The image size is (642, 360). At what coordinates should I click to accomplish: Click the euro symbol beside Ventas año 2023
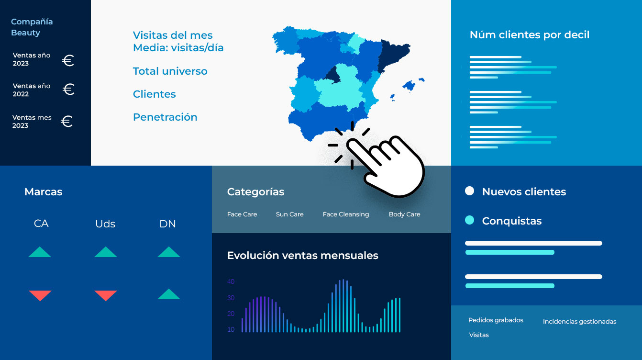pos(68,60)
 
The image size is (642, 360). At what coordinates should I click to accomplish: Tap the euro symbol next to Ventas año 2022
pos(68,89)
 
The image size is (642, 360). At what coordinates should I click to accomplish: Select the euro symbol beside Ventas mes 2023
pos(67,121)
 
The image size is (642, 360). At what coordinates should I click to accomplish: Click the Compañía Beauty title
pos(32,27)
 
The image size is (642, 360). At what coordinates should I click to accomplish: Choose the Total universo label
pos(170,71)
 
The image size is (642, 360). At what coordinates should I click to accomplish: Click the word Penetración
pos(165,117)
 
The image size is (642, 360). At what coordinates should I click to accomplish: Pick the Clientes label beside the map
pos(154,94)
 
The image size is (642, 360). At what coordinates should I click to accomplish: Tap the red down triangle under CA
pos(40,295)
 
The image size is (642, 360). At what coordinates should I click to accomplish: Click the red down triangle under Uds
pos(106,295)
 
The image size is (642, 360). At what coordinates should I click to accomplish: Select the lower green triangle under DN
pos(169,294)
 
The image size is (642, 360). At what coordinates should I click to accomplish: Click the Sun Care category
pos(289,214)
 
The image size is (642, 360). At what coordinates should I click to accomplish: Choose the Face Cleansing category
pos(346,214)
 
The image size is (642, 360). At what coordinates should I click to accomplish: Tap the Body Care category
pos(404,214)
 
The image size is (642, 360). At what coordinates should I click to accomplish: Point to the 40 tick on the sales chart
pos(231,281)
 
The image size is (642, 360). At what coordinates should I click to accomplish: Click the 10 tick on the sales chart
pos(231,329)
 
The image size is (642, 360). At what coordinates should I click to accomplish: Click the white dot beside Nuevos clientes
pos(469,191)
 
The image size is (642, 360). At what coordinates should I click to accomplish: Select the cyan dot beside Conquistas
pos(469,220)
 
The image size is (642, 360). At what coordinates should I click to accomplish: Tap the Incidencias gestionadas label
pos(579,322)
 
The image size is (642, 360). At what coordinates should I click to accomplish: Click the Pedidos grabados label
pos(496,320)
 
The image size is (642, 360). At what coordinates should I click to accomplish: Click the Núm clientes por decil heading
pos(530,35)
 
